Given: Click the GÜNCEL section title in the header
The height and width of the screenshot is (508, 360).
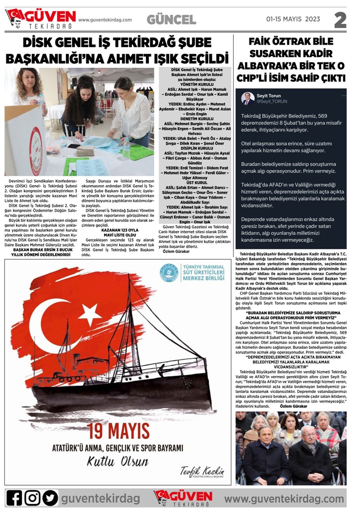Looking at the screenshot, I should pyautogui.click(x=171, y=20).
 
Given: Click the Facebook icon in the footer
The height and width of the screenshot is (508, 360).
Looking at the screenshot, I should pyautogui.click(x=14, y=497).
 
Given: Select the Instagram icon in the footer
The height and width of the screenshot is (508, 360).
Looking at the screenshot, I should pyautogui.click(x=32, y=497).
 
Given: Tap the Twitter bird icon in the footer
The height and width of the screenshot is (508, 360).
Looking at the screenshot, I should pyautogui.click(x=50, y=497).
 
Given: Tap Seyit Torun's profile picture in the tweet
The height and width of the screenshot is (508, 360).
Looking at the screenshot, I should pyautogui.click(x=247, y=98).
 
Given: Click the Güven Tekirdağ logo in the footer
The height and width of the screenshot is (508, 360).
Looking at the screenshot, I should pyautogui.click(x=183, y=497).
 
